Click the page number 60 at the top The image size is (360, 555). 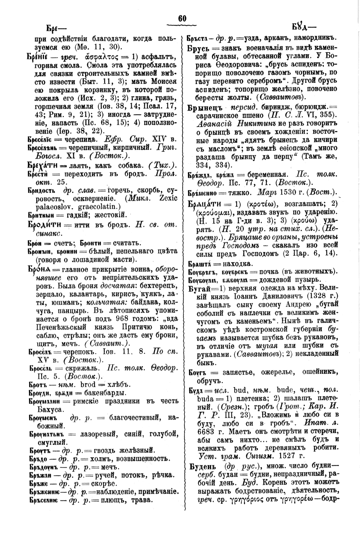coord(182,18)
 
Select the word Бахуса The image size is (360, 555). coord(47,410)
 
